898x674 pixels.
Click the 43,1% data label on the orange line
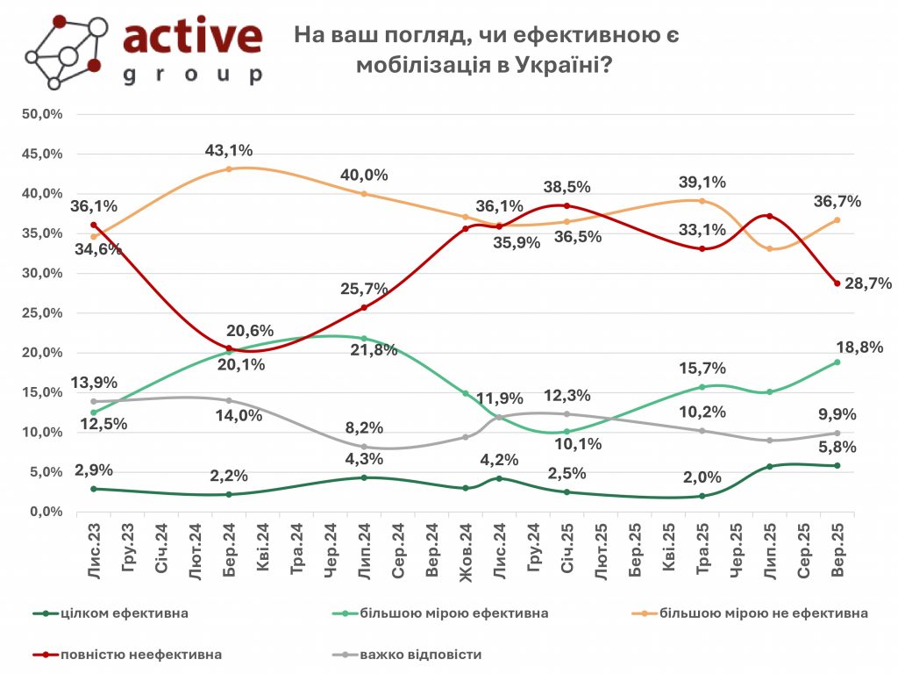pyautogui.click(x=227, y=151)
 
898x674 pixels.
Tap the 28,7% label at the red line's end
pyautogui.click(x=867, y=283)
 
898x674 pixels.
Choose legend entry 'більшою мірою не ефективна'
pyautogui.click(x=763, y=613)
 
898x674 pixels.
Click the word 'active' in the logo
pyautogui.click(x=192, y=36)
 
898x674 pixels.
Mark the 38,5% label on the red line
pyautogui.click(x=566, y=187)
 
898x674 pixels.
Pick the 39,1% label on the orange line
pyautogui.click(x=701, y=183)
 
